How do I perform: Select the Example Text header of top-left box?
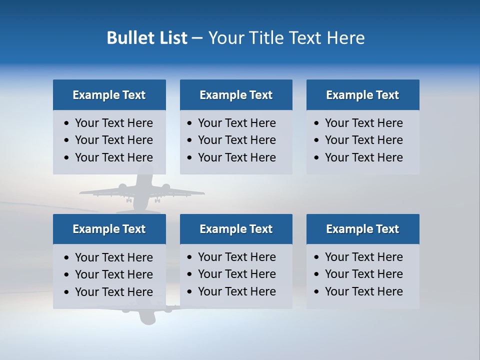[109, 95]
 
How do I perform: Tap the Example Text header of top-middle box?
[236, 95]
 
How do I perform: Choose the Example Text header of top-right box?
[362, 95]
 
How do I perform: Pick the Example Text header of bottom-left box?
[109, 229]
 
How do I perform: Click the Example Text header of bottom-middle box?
[236, 229]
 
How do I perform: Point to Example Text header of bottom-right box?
[362, 229]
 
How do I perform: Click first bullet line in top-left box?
[114, 123]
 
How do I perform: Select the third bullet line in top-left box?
[114, 157]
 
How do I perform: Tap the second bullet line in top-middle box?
[237, 140]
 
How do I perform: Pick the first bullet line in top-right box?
[364, 123]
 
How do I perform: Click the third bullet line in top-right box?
[364, 157]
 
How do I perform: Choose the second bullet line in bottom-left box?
[114, 274]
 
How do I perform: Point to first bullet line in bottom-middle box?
[237, 257]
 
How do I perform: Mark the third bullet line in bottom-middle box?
[237, 291]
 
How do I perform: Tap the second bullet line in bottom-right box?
[364, 274]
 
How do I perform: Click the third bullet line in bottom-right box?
[364, 291]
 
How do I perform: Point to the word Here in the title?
[345, 38]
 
